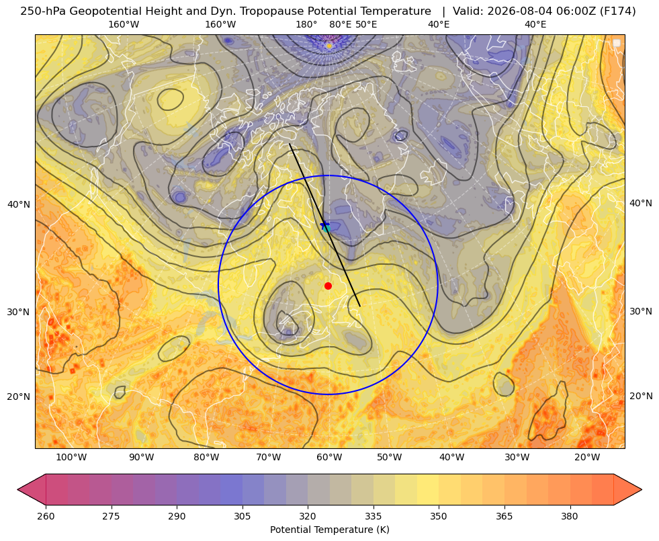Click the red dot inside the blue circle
pos(328,286)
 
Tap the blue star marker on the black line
pos(324,225)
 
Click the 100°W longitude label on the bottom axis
pos(71,458)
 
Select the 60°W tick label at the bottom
pos(329,458)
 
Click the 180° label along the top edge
pos(306,24)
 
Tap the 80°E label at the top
pos(340,24)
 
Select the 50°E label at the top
pos(366,24)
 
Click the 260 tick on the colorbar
pos(46,516)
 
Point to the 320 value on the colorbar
pos(308,516)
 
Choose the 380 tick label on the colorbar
pos(570,516)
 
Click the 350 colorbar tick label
pos(439,516)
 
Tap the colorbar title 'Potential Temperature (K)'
pos(329,530)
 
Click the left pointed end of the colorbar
pos(18,489)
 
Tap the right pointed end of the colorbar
pos(642,489)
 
